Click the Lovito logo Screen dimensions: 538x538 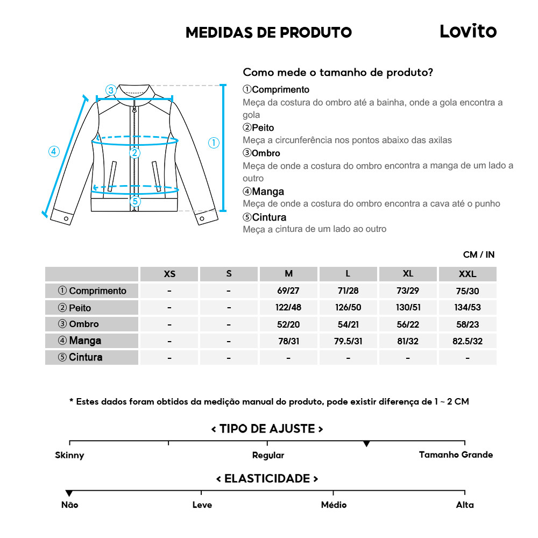(468, 31)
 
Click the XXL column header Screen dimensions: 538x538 (468, 274)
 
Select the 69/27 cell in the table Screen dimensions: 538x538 (288, 291)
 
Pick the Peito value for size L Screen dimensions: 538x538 (348, 308)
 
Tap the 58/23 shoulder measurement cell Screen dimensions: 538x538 (468, 324)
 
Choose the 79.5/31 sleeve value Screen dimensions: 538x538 (348, 341)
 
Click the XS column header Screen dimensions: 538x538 (169, 274)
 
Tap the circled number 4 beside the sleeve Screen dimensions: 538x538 (54, 152)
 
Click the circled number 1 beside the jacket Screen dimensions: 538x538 (214, 143)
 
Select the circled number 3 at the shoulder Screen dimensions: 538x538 (111, 90)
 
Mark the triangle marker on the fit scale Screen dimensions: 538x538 (366, 444)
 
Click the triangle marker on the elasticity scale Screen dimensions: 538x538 (69, 493)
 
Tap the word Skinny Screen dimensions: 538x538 (69, 455)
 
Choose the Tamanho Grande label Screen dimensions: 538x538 (456, 455)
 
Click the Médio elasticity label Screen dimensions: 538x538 (334, 505)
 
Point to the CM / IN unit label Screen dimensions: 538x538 (478, 254)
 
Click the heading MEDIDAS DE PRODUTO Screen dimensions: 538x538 (268, 32)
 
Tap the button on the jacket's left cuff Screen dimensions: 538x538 (66, 218)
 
